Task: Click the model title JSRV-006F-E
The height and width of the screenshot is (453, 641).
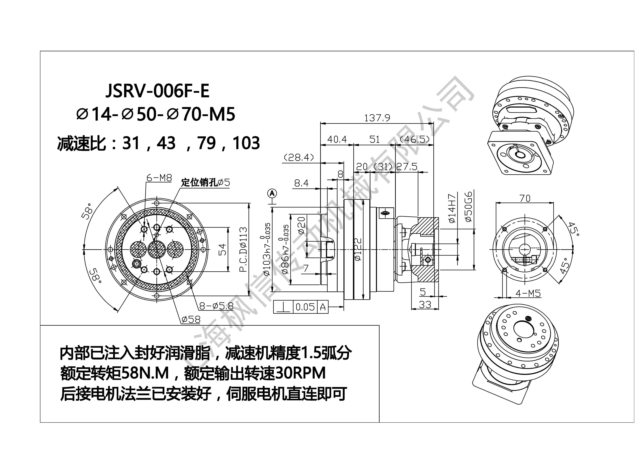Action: coord(157,91)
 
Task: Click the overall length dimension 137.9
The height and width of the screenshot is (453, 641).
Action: coord(377,118)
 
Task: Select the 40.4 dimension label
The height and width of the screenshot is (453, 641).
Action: coord(337,139)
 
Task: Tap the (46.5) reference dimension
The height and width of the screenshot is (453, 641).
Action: coord(415,139)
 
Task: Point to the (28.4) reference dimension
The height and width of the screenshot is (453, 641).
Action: coord(299,158)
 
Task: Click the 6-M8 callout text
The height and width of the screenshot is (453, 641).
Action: coord(159,178)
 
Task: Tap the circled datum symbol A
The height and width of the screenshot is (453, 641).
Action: coord(272,193)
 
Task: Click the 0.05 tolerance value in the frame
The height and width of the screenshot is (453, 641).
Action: coord(305,307)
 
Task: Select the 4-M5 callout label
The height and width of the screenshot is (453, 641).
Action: coord(528,293)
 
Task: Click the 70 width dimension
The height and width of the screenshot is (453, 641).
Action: coord(525,198)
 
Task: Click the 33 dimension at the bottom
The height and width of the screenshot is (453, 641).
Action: coord(425,304)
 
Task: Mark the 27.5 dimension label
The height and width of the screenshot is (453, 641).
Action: coord(407,167)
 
